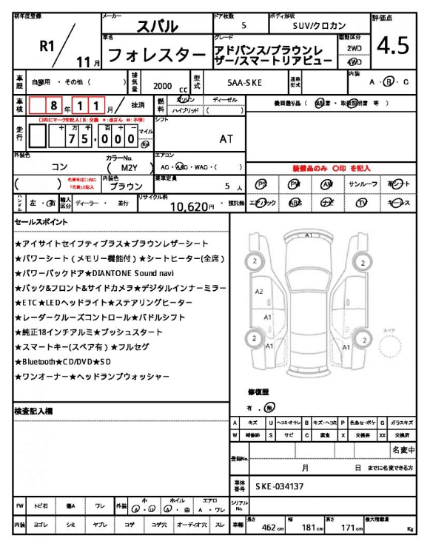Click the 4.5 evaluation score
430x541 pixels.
coord(393,45)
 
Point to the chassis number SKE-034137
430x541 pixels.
coord(281,487)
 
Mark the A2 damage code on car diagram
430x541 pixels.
coord(258,292)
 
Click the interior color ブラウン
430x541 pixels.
coord(121,187)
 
